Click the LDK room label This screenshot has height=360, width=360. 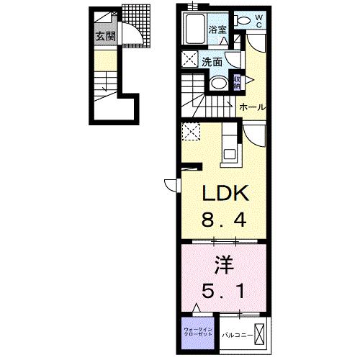coord(224,194)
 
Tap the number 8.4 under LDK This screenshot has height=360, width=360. coord(224,219)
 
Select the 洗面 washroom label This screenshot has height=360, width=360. coord(211,62)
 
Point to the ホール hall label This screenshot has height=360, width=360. coord(253,107)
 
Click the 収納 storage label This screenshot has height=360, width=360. coord(237,81)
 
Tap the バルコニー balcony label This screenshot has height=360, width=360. coord(235,336)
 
